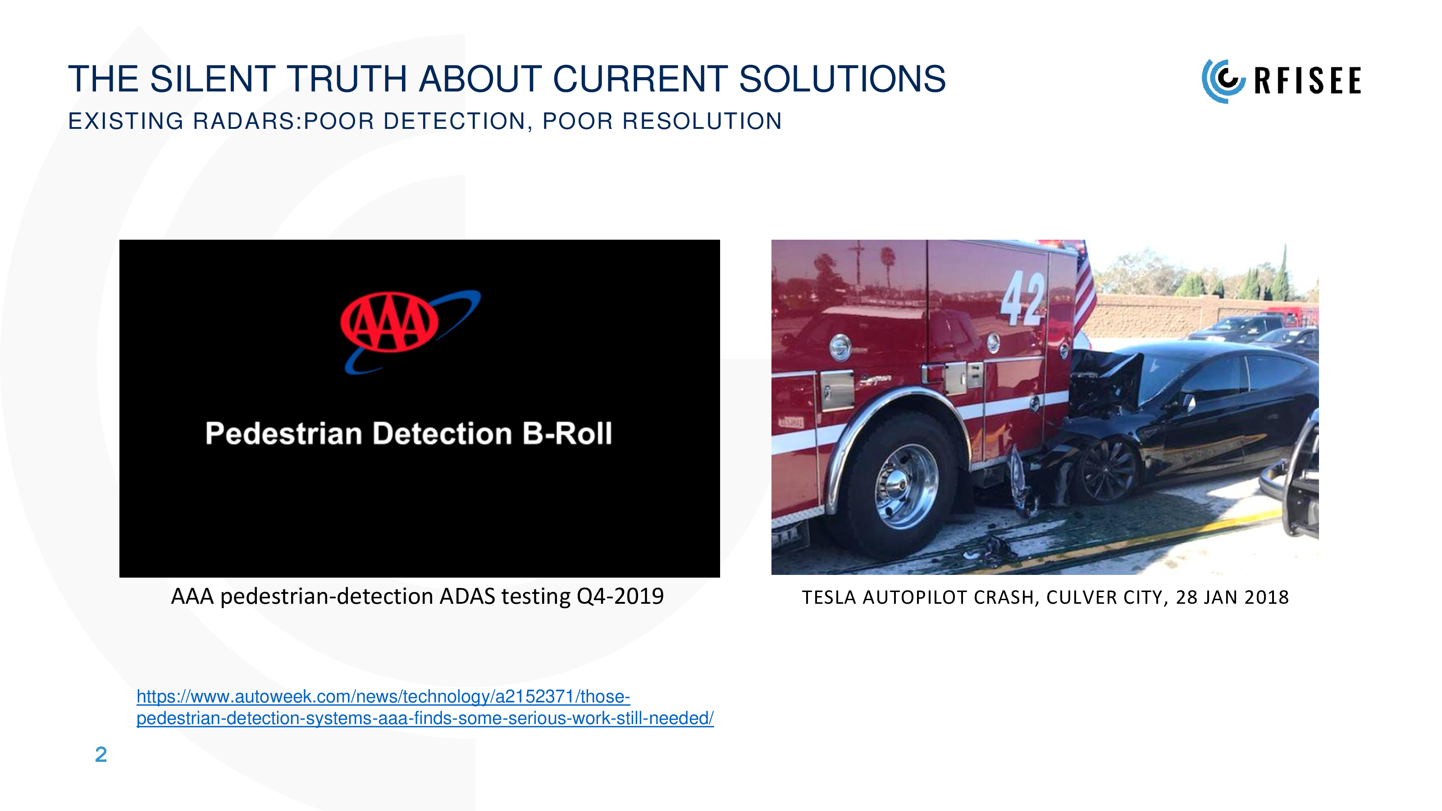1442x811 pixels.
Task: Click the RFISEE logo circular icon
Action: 1223,81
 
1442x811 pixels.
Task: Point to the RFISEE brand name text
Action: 1308,81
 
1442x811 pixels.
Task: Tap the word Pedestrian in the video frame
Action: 284,434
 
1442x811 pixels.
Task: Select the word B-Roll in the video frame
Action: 567,434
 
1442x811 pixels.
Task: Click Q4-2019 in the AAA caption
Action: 620,597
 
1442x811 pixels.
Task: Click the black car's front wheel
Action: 1107,469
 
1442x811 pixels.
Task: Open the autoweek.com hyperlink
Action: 425,707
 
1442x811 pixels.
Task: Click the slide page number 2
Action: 101,755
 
